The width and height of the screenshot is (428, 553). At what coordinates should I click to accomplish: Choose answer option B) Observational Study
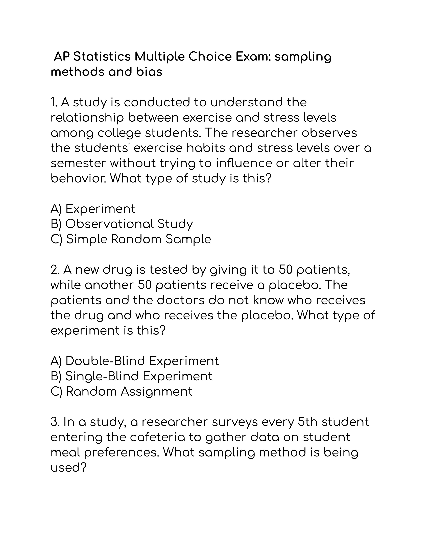(x=122, y=224)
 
